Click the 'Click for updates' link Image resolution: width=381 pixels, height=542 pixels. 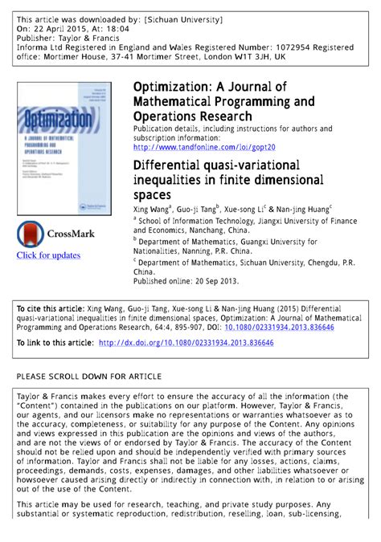pyautogui.click(x=48, y=255)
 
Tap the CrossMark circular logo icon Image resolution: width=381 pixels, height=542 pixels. pyautogui.click(x=31, y=234)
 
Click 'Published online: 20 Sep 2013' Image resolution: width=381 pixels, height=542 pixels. pyautogui.click(x=186, y=282)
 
